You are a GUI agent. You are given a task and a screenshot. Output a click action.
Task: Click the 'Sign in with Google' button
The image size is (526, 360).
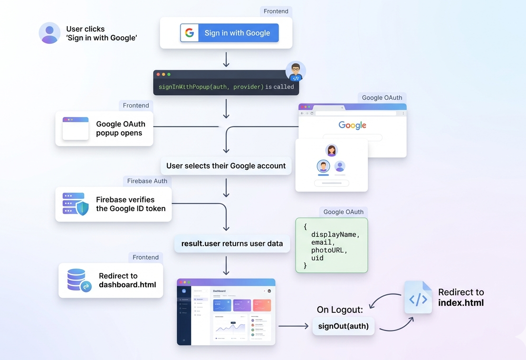point(230,33)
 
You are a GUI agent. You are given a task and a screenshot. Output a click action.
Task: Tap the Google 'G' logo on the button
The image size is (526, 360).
point(190,33)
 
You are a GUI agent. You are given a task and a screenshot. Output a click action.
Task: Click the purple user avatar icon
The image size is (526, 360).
point(49,33)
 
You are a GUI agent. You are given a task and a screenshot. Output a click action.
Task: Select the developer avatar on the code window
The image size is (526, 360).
point(296,72)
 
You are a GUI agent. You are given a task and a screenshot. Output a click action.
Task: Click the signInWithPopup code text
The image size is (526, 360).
point(211,87)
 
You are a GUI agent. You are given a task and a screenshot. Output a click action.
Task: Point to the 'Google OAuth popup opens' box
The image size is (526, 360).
point(104,128)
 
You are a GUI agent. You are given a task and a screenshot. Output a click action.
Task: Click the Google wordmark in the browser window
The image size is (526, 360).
point(352,125)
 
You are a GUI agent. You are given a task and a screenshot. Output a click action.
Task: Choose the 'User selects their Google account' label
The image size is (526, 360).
point(226,166)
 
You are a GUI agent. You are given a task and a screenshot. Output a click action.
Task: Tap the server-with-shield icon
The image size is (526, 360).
point(76,204)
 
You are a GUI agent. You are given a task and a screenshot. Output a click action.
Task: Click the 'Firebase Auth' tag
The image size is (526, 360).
point(147,181)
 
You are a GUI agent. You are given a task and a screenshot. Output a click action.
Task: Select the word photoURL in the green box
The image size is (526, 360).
point(329,250)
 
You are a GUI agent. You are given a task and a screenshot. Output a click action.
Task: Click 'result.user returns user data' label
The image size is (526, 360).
point(232,243)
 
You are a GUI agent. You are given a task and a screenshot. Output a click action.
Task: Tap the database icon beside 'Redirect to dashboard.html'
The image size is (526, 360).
point(78,280)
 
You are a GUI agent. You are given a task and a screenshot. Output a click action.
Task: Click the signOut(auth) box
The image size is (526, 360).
point(343,326)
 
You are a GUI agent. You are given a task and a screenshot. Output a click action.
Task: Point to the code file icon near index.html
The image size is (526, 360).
point(418,298)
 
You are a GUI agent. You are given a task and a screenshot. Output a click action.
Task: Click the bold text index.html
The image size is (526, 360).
point(460,302)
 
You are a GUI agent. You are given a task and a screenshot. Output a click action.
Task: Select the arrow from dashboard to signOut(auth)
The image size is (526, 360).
point(293,326)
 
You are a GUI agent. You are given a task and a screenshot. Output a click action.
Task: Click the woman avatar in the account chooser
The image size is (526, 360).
point(332,150)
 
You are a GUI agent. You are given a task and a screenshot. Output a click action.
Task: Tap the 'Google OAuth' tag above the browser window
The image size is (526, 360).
point(382,97)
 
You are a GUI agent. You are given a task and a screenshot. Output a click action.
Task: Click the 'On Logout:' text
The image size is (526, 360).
point(340,310)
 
